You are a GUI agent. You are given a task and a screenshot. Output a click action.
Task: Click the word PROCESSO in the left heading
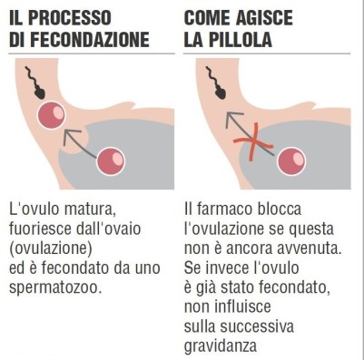96,17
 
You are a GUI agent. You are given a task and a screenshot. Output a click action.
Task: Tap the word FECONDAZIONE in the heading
93,40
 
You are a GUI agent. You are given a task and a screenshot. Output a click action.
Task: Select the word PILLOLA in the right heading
242,40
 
